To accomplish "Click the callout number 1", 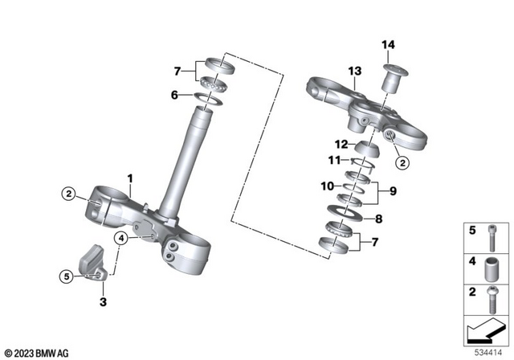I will pos(128,175).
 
